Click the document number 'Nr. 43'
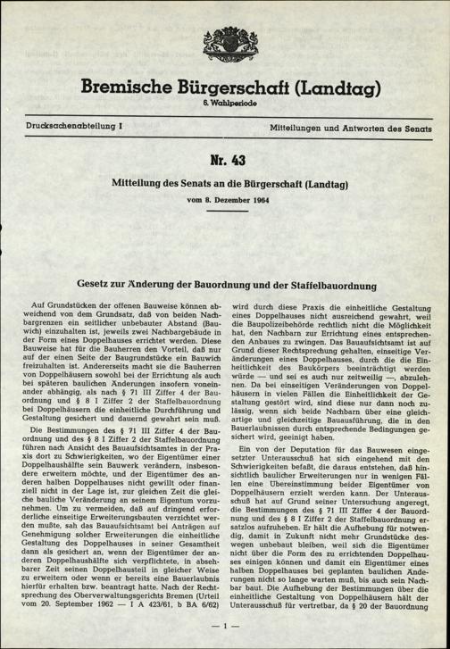pos(225,162)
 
